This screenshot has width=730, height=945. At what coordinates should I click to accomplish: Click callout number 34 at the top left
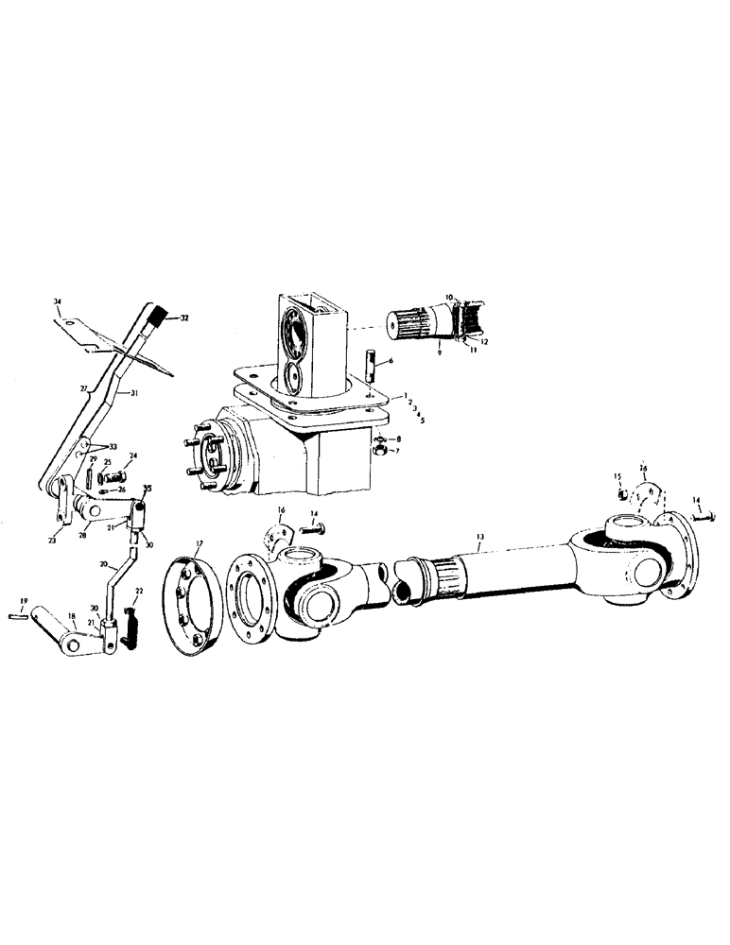(x=58, y=301)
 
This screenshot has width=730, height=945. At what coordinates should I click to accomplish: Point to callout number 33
(x=114, y=446)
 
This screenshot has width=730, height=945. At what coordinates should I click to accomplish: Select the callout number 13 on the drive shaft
(x=480, y=537)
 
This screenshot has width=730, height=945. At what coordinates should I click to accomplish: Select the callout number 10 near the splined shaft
(x=449, y=297)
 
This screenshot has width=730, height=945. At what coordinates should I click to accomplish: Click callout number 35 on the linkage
(x=147, y=489)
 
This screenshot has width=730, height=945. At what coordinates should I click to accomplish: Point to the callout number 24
(x=133, y=455)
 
